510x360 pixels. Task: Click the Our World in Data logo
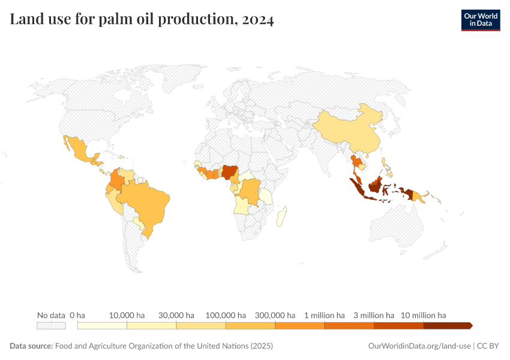tap(480, 20)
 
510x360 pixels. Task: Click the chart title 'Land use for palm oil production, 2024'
tap(142, 20)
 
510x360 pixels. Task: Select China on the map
tap(348, 129)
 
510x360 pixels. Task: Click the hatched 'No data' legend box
tap(51, 326)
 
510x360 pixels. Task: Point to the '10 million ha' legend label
tap(423, 315)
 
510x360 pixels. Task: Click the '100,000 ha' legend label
tap(225, 315)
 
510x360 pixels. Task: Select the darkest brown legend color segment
tap(447, 326)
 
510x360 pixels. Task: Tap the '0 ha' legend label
tap(77, 315)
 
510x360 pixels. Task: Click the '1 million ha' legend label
tap(324, 315)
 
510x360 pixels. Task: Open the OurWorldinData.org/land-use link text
tap(418, 346)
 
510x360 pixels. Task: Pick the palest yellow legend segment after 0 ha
tap(102, 326)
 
